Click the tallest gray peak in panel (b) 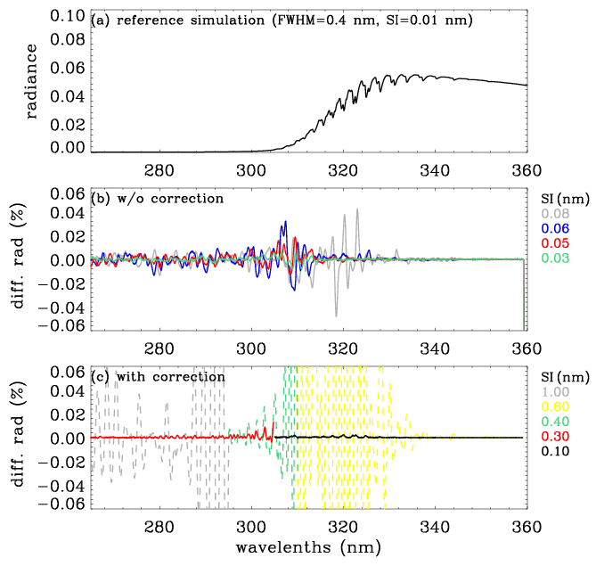pyautogui.click(x=357, y=210)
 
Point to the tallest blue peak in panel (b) pyautogui.click(x=285, y=223)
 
